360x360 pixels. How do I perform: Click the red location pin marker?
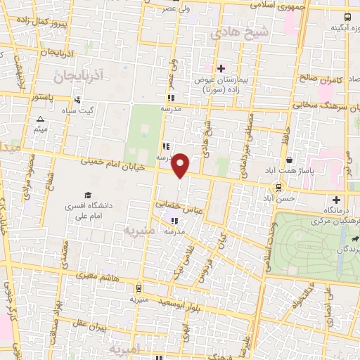click(x=181, y=165)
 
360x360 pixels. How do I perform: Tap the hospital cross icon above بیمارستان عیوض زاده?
click(x=221, y=68)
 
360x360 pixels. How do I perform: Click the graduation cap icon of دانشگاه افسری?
click(x=88, y=195)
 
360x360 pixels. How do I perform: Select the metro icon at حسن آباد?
click(x=280, y=187)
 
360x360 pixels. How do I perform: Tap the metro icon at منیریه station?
click(x=139, y=288)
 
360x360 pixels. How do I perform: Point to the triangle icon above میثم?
click(x=41, y=120)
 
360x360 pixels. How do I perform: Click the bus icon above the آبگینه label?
click(x=347, y=17)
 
